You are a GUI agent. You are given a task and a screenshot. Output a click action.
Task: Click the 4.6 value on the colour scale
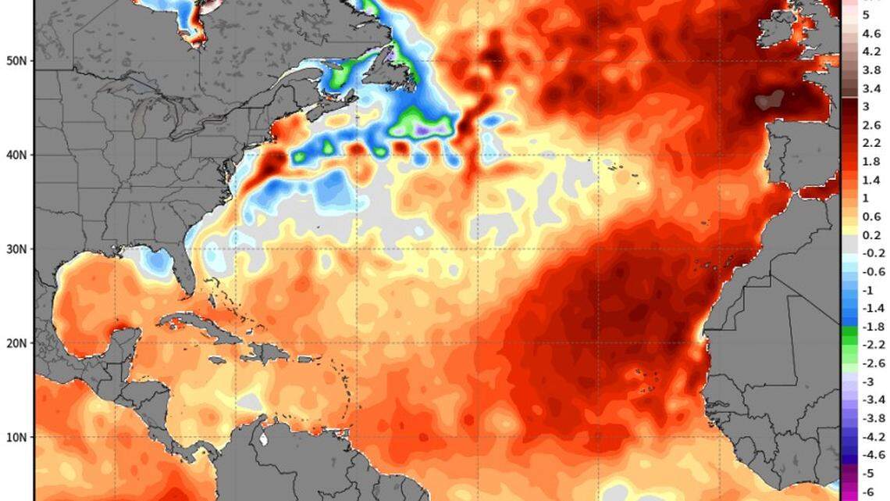click(x=871, y=34)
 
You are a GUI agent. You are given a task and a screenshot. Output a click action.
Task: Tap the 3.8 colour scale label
click(x=871, y=70)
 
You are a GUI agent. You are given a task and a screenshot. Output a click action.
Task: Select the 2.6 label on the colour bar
click(x=871, y=125)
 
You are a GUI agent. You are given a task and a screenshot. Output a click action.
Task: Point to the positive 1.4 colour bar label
click(x=871, y=180)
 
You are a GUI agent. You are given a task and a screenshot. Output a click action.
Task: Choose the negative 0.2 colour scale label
click(x=871, y=253)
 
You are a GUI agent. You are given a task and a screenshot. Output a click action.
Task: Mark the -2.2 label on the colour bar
click(x=871, y=345)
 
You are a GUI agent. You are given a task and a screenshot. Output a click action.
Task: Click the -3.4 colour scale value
click(x=871, y=400)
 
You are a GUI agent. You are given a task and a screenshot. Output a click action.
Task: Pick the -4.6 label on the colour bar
click(x=871, y=455)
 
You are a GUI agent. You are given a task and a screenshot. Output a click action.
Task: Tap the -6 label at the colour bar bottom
click(x=871, y=492)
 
